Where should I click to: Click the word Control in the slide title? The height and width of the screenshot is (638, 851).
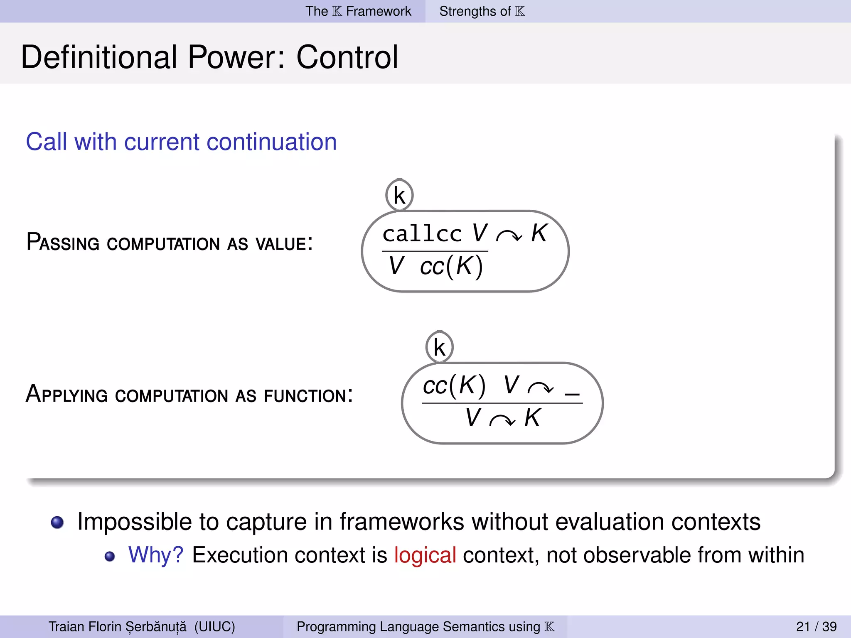347,57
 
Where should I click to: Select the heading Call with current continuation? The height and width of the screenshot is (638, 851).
181,142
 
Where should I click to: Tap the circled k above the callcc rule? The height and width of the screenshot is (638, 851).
399,195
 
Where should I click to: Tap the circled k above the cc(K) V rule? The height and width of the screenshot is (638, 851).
439,347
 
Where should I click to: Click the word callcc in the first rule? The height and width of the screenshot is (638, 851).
422,233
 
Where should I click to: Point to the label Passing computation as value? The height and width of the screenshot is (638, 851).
169,243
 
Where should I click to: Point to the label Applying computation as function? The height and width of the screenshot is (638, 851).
189,394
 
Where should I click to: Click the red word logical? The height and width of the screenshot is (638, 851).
425,555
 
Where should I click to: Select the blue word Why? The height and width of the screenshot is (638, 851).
156,555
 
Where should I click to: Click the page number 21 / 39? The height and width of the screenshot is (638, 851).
816,626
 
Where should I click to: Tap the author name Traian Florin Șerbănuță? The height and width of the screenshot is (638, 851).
118,626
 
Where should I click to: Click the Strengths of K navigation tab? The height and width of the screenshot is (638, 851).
482,11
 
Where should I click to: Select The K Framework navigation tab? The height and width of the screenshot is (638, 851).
358,11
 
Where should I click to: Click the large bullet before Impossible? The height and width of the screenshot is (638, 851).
57,522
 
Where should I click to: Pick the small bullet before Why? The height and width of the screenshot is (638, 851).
110,557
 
